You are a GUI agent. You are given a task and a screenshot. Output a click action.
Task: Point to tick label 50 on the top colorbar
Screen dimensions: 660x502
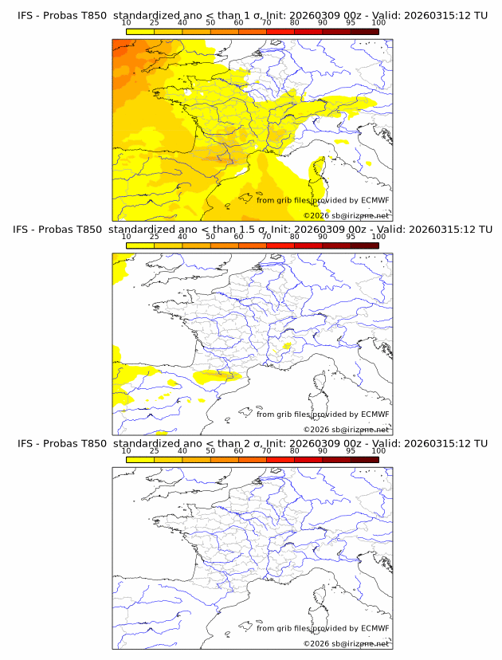click(x=210, y=23)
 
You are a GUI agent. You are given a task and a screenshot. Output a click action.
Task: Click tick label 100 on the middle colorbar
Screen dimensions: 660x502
click(x=378, y=237)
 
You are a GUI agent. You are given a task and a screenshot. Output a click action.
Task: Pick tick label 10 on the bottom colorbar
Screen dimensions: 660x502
click(x=127, y=450)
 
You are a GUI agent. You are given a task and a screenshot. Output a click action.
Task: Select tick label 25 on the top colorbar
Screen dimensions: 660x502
click(x=155, y=23)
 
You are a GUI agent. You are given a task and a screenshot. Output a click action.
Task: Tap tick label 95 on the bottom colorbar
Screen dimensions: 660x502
click(x=351, y=450)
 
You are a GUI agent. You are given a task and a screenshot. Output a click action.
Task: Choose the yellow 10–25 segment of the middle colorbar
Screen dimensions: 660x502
click(x=140, y=245)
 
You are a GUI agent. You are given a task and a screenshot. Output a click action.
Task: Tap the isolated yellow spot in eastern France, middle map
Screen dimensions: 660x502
click(x=286, y=346)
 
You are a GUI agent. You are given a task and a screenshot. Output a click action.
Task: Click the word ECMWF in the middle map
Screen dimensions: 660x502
click(x=375, y=414)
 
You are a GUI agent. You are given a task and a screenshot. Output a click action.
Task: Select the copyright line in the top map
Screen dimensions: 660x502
click(x=346, y=215)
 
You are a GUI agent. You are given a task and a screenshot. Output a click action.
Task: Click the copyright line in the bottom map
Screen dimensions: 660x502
click(x=346, y=643)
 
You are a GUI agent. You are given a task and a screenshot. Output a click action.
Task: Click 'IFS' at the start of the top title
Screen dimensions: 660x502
click(x=26, y=15)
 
